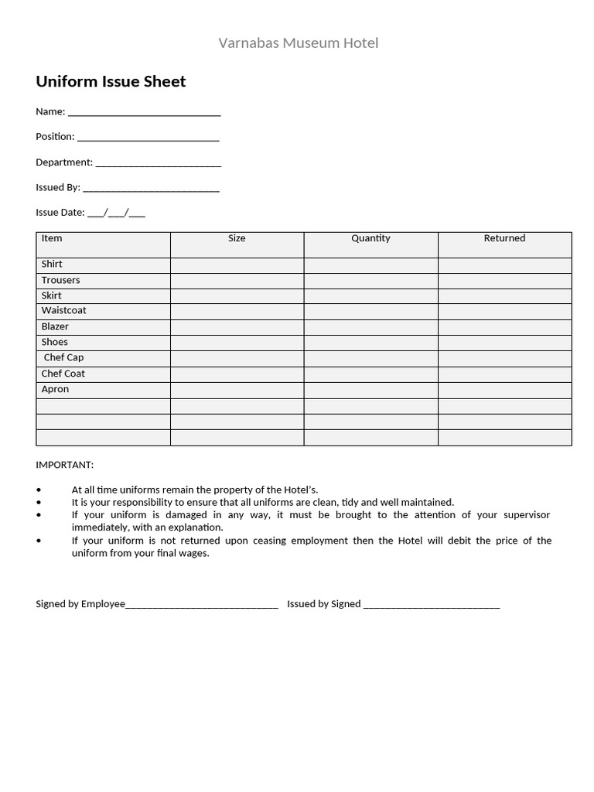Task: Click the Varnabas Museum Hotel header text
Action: (298, 43)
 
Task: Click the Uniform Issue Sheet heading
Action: (111, 81)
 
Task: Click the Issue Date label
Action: (59, 212)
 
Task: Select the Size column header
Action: (237, 238)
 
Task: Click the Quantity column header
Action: (370, 238)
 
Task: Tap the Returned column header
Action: (504, 238)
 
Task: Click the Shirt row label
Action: (52, 264)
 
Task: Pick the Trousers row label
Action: (60, 280)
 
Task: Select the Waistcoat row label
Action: (63, 310)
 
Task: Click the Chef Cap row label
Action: (63, 357)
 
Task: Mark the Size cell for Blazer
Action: (237, 327)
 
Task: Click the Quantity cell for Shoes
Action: (370, 343)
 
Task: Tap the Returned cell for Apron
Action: (504, 390)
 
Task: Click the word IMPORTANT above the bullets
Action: (64, 465)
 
